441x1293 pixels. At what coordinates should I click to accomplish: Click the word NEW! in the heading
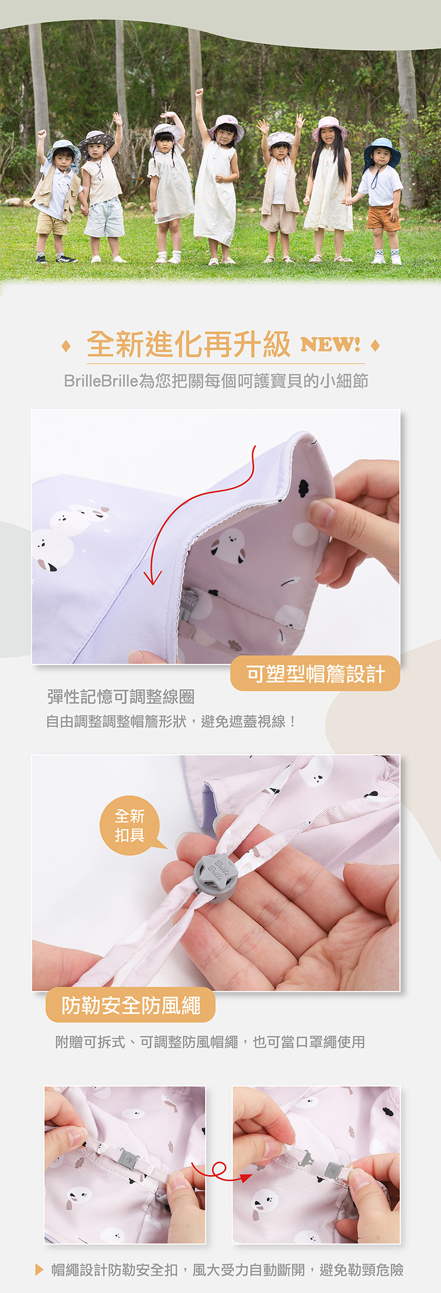[330, 344]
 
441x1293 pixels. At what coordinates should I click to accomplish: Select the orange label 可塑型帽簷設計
[315, 673]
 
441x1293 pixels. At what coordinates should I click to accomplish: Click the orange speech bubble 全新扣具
[131, 825]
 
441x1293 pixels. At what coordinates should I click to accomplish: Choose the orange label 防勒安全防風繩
[131, 1006]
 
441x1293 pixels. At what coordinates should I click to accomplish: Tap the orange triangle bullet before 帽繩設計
[39, 1269]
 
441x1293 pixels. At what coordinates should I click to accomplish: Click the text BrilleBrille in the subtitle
[101, 381]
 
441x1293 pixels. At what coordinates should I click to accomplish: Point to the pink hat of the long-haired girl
[329, 127]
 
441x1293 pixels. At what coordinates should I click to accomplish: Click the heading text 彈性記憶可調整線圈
[121, 697]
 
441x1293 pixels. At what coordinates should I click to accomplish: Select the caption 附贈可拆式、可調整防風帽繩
[147, 1042]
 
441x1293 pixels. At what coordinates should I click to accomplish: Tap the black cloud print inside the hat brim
[303, 487]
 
